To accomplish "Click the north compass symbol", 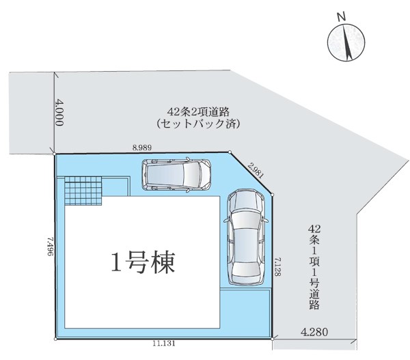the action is coord(346,42).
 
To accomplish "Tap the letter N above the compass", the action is coord(341,17).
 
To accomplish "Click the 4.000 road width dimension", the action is coord(59,113).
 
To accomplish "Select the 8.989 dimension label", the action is coord(142,148).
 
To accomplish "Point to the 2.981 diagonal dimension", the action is coord(255,170).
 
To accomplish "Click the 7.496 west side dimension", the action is coord(51,247).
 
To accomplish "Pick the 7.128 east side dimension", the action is coord(277,267).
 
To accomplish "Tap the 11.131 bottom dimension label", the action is coord(164,344).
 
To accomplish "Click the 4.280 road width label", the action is coord(314,332).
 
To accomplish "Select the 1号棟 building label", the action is coord(143,262).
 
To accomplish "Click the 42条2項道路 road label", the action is coord(198,112).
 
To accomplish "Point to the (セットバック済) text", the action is coord(198,124).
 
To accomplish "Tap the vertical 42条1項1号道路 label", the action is coord(314,267).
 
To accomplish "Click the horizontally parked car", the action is coord(176,174).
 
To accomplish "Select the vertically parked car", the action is coord(246,237).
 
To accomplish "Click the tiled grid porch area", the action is coord(83,191).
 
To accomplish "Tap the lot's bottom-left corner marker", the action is coord(55,339).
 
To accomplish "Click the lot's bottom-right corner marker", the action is coord(273,339).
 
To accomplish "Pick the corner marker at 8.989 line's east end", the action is coord(230,152).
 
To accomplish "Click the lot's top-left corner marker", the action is coord(55,154).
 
